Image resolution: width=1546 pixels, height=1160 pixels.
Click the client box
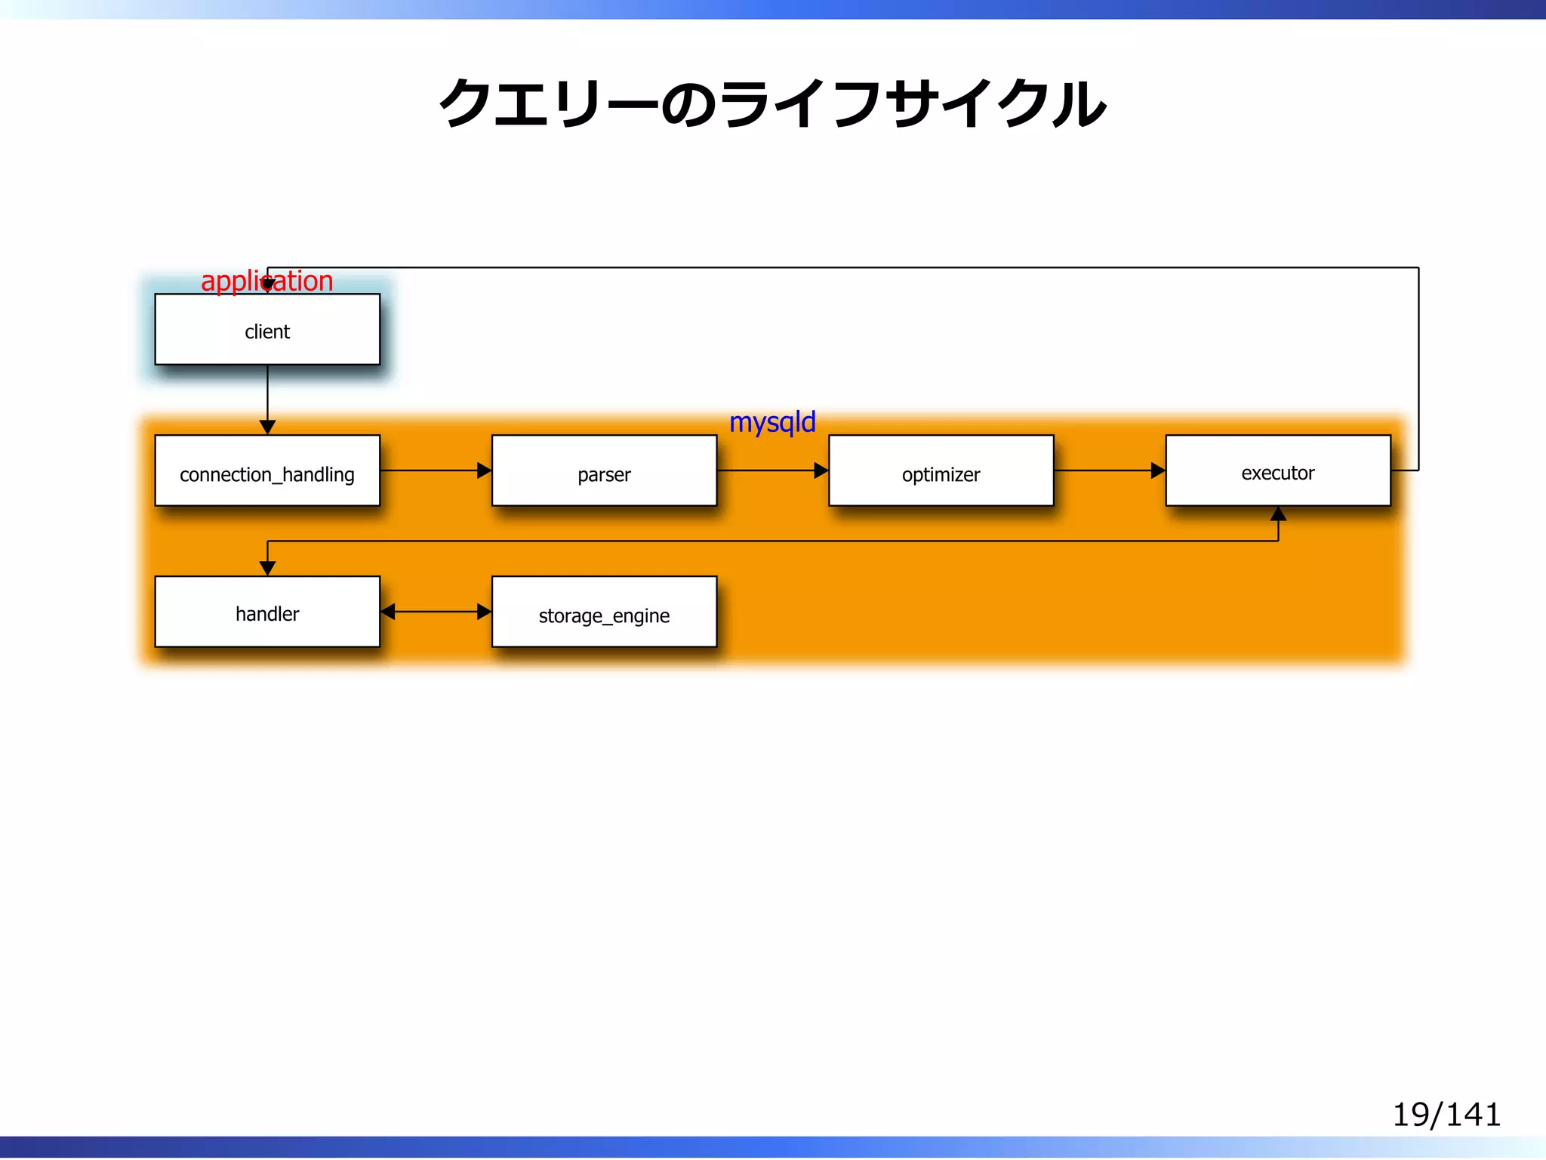pyautogui.click(x=267, y=330)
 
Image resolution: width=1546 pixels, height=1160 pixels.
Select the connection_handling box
pyautogui.click(x=267, y=470)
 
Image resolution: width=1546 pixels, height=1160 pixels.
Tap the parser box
pyautogui.click(x=604, y=470)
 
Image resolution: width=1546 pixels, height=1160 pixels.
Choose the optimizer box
pyautogui.click(x=941, y=470)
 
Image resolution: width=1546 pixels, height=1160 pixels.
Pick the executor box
pyautogui.click(x=1277, y=470)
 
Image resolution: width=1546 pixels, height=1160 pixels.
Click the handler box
pyautogui.click(x=267, y=612)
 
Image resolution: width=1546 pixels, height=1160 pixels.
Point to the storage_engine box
pyautogui.click(x=604, y=612)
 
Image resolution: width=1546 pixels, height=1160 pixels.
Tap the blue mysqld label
pyautogui.click(x=772, y=422)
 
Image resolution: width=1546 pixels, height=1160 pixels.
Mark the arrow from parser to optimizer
pyautogui.click(x=771, y=470)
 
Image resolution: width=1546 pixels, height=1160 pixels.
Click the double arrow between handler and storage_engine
pyautogui.click(x=436, y=612)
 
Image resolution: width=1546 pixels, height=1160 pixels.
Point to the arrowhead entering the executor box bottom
pyautogui.click(x=1278, y=514)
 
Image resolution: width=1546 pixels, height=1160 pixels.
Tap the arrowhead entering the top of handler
pyautogui.click(x=267, y=568)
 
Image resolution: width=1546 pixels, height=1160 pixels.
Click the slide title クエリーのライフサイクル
pyautogui.click(x=772, y=103)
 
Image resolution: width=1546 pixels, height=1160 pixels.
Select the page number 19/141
pyautogui.click(x=1446, y=1115)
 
